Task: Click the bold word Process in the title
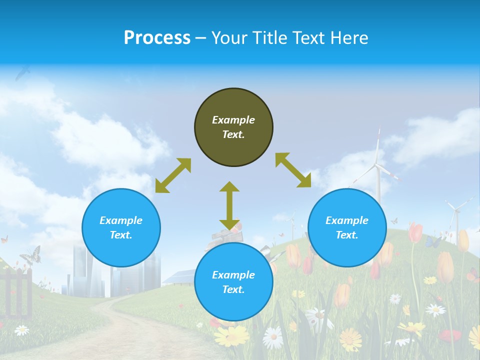coord(157,38)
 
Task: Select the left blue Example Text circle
coord(121,227)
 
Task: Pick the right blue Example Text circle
coord(347,227)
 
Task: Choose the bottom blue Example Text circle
coord(233,282)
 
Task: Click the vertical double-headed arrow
coord(229,205)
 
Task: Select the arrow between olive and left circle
coord(173,175)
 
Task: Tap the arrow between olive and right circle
coord(293,170)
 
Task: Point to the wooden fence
coord(17,292)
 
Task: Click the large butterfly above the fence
coord(31,255)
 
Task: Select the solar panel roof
coord(179,276)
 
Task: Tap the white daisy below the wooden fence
coord(21,330)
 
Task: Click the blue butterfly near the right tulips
coord(433,242)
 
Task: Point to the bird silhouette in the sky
coord(22,73)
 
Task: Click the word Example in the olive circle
coord(233,120)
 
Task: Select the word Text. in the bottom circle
coord(233,289)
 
